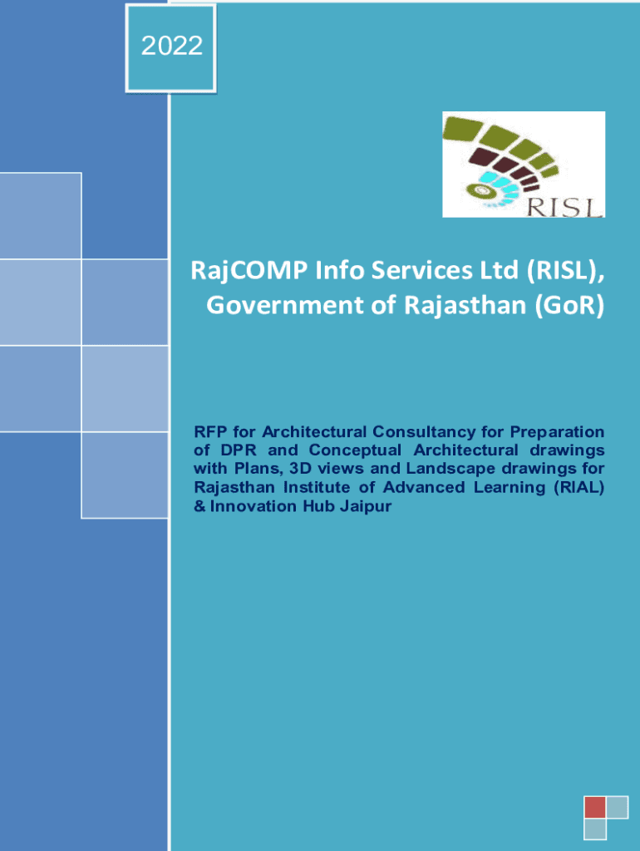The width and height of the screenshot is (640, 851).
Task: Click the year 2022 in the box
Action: click(x=172, y=46)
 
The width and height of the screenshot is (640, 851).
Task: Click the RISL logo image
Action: click(x=524, y=165)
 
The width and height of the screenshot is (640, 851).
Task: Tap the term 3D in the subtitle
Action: click(x=300, y=469)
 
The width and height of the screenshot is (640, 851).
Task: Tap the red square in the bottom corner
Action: click(x=595, y=807)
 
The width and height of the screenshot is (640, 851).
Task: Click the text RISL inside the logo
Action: click(x=565, y=207)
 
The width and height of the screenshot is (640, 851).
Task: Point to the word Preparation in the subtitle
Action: click(x=557, y=432)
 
